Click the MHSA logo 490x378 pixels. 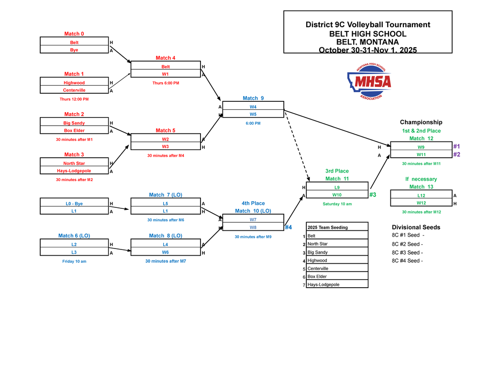[x=369, y=81]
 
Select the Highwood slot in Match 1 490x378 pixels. [x=74, y=83]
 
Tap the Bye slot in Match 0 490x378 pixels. [x=74, y=50]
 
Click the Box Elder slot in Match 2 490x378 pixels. [x=74, y=130]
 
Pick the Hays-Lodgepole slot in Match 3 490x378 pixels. [x=74, y=171]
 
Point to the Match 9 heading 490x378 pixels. [x=253, y=98]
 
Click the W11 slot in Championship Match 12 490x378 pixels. [x=421, y=154]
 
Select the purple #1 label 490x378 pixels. [x=457, y=146]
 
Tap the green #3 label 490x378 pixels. [x=373, y=194]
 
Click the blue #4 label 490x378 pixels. [x=289, y=227]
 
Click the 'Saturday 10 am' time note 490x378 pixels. [x=337, y=204]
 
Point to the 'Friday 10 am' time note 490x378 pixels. [x=74, y=261]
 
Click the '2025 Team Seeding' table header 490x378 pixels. [x=328, y=227]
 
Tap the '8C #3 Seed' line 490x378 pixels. [x=407, y=252]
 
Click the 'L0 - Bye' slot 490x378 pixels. [x=74, y=204]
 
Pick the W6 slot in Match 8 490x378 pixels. [x=165, y=252]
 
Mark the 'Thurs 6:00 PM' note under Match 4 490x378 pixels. [x=166, y=83]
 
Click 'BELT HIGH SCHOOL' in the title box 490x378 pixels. [x=367, y=33]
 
